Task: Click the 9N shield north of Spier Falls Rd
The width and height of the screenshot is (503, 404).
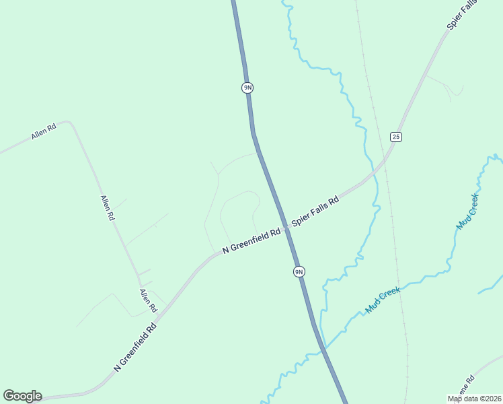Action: point(247,88)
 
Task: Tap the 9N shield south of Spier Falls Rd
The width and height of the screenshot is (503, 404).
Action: point(299,271)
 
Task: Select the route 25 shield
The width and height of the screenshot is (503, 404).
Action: point(396,137)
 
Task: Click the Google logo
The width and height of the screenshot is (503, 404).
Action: point(22,396)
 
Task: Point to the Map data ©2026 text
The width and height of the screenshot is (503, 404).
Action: point(474,399)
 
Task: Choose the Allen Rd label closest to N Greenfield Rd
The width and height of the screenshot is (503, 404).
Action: point(148,300)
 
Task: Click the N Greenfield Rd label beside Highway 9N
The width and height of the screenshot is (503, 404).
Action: point(251,241)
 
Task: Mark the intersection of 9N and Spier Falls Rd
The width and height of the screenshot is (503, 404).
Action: point(286,227)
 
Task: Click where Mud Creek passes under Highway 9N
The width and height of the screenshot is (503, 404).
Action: point(323,349)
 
